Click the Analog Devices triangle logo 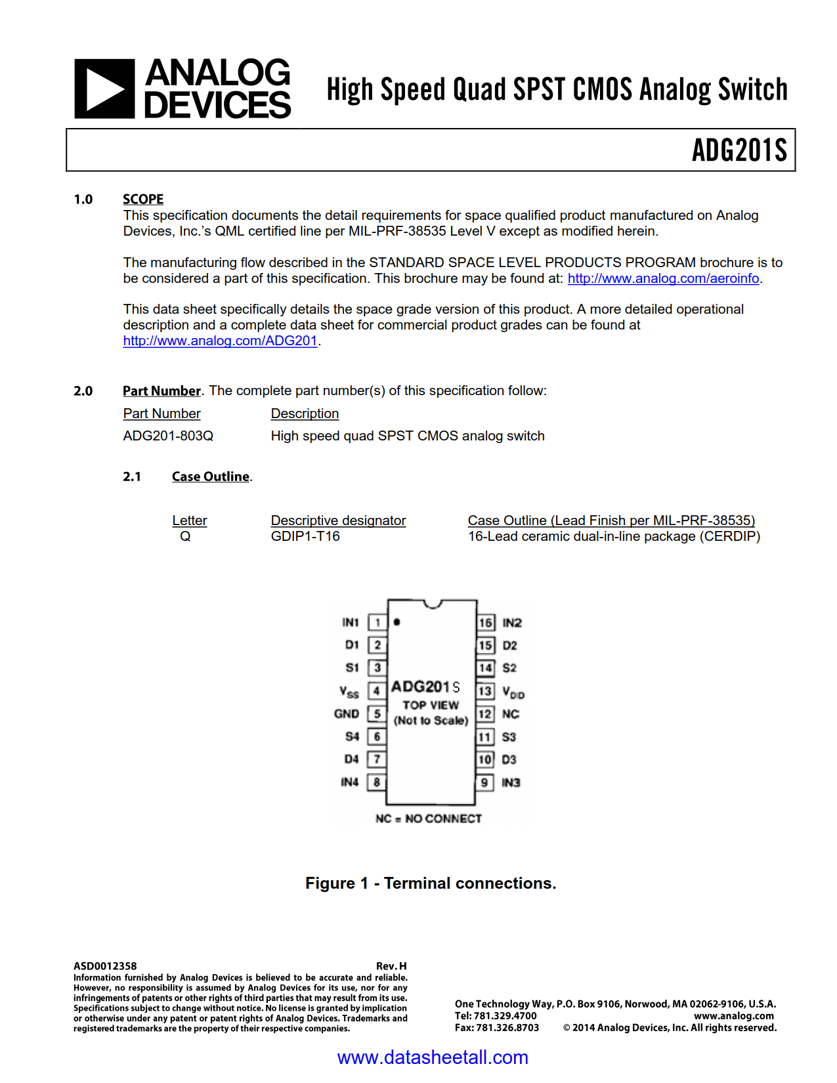(x=104, y=89)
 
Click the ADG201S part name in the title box (x=739, y=150)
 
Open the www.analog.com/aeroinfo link (x=663, y=278)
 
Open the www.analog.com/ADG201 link (x=220, y=341)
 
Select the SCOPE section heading (x=142, y=199)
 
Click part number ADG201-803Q (x=168, y=436)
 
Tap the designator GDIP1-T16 (x=305, y=536)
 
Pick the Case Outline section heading (x=211, y=477)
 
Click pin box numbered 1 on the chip (x=377, y=622)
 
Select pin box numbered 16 (x=485, y=623)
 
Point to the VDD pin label (x=513, y=692)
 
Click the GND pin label (x=347, y=714)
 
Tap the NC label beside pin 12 (x=510, y=714)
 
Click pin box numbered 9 (x=484, y=782)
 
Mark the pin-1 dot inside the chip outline (x=397, y=622)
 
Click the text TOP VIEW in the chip (x=431, y=705)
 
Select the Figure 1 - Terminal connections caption (x=431, y=883)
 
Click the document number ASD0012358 (x=105, y=966)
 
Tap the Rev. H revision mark (x=391, y=966)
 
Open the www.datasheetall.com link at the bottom (x=433, y=1057)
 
